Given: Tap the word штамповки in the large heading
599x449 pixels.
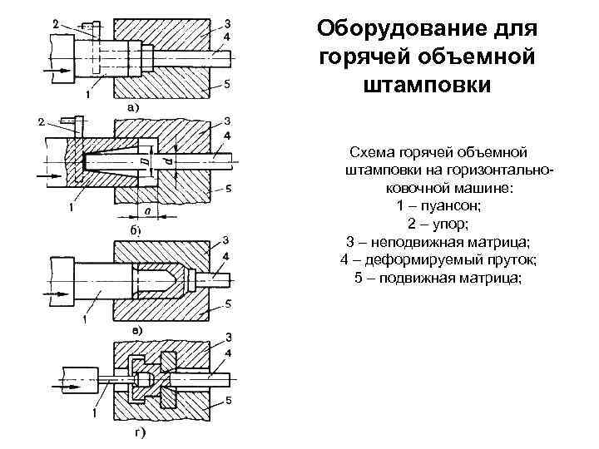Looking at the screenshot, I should coord(428,86).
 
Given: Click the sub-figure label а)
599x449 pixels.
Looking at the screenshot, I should coord(132,106).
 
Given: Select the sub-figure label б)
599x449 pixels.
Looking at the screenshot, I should coord(131,228).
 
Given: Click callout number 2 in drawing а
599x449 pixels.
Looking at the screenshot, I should coord(54,26).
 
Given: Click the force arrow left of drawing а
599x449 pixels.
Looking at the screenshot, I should coord(60,70).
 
